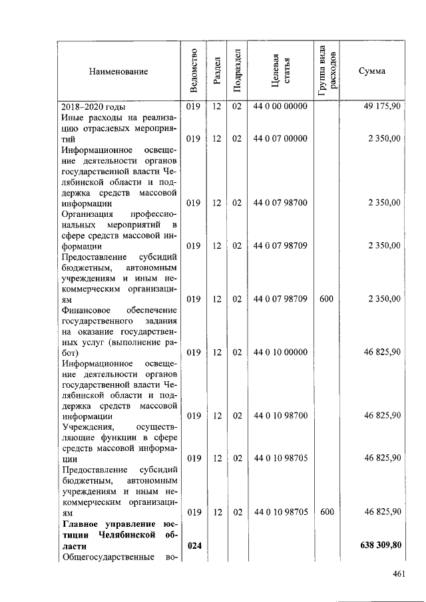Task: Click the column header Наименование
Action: coord(118,71)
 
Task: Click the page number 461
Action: coord(399,573)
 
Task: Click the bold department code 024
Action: coord(194,545)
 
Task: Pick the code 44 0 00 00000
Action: coord(280,106)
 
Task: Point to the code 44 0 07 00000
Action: coord(280,138)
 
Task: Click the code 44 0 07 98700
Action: coord(280,203)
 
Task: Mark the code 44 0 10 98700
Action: coord(280,416)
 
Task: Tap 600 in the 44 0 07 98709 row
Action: coord(326,299)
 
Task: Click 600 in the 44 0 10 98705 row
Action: coord(326,512)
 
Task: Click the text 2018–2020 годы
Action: coord(94,106)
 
